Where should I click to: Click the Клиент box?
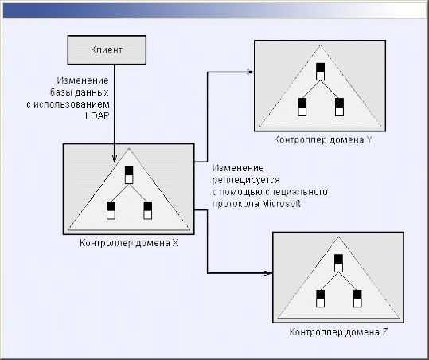[x=107, y=50]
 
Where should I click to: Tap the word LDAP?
[x=97, y=115]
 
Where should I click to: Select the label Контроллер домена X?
[x=129, y=243]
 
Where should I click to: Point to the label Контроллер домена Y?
[x=323, y=140]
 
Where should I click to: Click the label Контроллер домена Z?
[x=339, y=332]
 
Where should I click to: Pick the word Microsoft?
[x=281, y=204]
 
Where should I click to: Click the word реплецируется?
[x=246, y=180]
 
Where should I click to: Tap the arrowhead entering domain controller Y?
[x=251, y=72]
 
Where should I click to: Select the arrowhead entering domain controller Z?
[x=269, y=273]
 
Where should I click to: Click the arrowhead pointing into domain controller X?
[x=115, y=158]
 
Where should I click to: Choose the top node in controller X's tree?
[x=129, y=174]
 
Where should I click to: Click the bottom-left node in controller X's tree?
[x=111, y=210]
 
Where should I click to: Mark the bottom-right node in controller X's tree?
[x=148, y=210]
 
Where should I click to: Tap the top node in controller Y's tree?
[x=321, y=72]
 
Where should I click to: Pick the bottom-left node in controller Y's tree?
[x=302, y=107]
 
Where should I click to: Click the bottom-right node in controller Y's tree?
[x=339, y=107]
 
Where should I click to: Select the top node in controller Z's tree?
[x=338, y=263]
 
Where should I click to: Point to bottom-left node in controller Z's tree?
[x=321, y=299]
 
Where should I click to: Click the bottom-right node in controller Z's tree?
[x=357, y=299]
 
